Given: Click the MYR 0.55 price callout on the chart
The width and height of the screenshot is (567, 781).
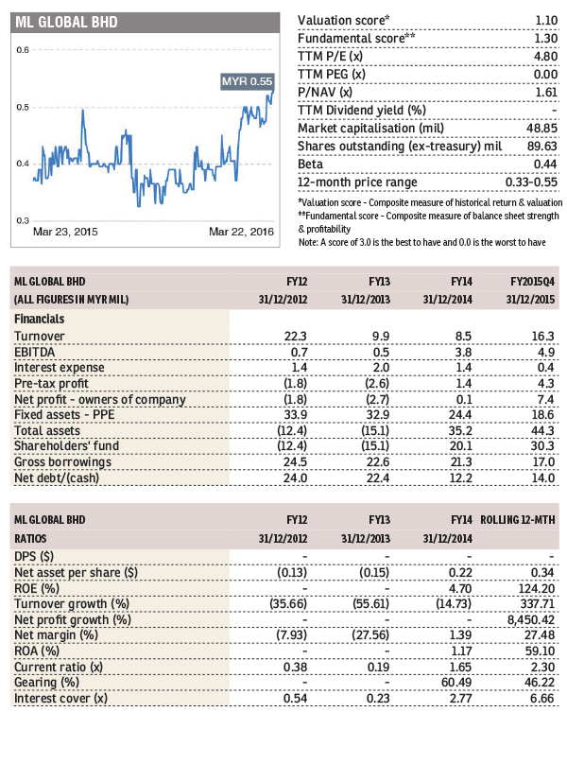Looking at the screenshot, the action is (247, 81).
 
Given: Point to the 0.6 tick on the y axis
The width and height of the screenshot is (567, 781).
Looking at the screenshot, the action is (23, 50).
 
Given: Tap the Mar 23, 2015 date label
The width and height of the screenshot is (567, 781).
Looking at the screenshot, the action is (65, 232).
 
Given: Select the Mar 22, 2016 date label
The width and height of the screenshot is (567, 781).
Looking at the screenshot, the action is (241, 232).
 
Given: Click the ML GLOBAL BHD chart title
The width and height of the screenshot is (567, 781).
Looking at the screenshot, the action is (66, 23).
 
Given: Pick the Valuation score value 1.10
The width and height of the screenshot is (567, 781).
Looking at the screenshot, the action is (546, 21).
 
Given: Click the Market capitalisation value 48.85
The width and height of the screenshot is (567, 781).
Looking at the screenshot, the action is (542, 128).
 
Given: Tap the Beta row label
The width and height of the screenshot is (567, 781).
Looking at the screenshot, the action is (310, 164).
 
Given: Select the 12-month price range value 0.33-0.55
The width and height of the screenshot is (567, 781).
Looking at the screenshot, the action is (531, 182).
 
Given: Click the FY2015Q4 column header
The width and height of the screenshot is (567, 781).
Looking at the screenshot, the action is (532, 282).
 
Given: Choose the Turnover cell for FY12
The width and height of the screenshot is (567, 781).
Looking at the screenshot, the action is (295, 337).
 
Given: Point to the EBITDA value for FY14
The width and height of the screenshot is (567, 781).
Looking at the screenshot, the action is (463, 352).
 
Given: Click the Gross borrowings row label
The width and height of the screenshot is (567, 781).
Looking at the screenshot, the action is (62, 462).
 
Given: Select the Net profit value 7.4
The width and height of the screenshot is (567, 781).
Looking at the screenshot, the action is (545, 399).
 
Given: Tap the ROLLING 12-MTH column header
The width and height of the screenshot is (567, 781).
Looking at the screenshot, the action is (517, 520).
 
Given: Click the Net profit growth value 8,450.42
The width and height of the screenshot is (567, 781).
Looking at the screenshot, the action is (529, 619).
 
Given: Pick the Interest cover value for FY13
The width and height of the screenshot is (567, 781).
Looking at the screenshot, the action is (378, 699).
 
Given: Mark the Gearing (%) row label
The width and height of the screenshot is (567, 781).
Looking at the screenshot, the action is (47, 683).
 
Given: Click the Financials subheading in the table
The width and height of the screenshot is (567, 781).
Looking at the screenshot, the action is (40, 319).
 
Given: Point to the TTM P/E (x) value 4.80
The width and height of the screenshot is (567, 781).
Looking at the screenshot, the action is (545, 57).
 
